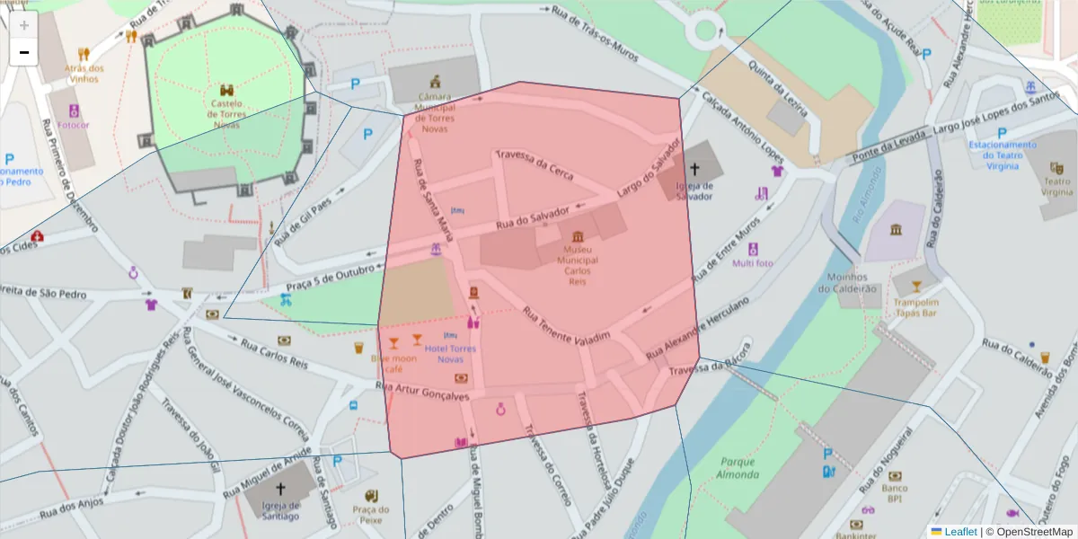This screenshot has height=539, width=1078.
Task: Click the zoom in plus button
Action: (x=24, y=25)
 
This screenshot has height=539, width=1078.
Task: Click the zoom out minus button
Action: (x=24, y=52)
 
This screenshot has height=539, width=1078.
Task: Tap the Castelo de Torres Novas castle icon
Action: (x=227, y=90)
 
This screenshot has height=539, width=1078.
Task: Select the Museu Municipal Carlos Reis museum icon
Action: (x=578, y=235)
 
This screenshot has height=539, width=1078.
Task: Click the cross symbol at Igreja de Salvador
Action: (x=694, y=168)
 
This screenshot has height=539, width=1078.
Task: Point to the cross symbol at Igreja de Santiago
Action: (x=281, y=489)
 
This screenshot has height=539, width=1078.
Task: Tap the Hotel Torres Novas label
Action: (x=450, y=353)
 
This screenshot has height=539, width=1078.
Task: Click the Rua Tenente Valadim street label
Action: (x=566, y=325)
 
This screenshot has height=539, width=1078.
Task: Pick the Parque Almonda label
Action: (x=738, y=468)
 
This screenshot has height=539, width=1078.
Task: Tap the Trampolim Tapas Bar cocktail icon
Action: (x=916, y=287)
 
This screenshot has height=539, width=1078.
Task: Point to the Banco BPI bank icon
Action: (x=895, y=476)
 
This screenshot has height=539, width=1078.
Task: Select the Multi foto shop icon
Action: (x=753, y=249)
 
